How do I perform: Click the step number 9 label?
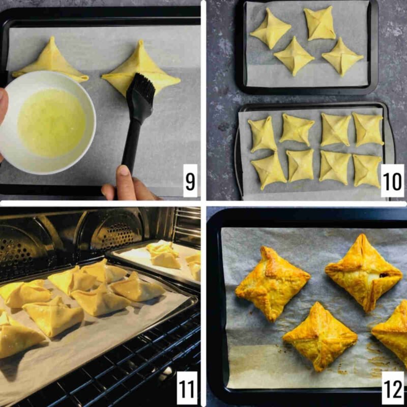coord(190,181)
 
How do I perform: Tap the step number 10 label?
coord(392,181)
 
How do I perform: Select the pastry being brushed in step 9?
coord(141,70)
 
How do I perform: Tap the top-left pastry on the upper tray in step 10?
coord(270,29)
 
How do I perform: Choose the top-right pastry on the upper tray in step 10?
coord(319,23)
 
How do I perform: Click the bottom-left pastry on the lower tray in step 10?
coord(269,170)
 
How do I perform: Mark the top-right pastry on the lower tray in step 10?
coord(368,129)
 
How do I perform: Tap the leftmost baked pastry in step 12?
coord(272,283)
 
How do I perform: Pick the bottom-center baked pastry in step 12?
coord(320,336)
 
